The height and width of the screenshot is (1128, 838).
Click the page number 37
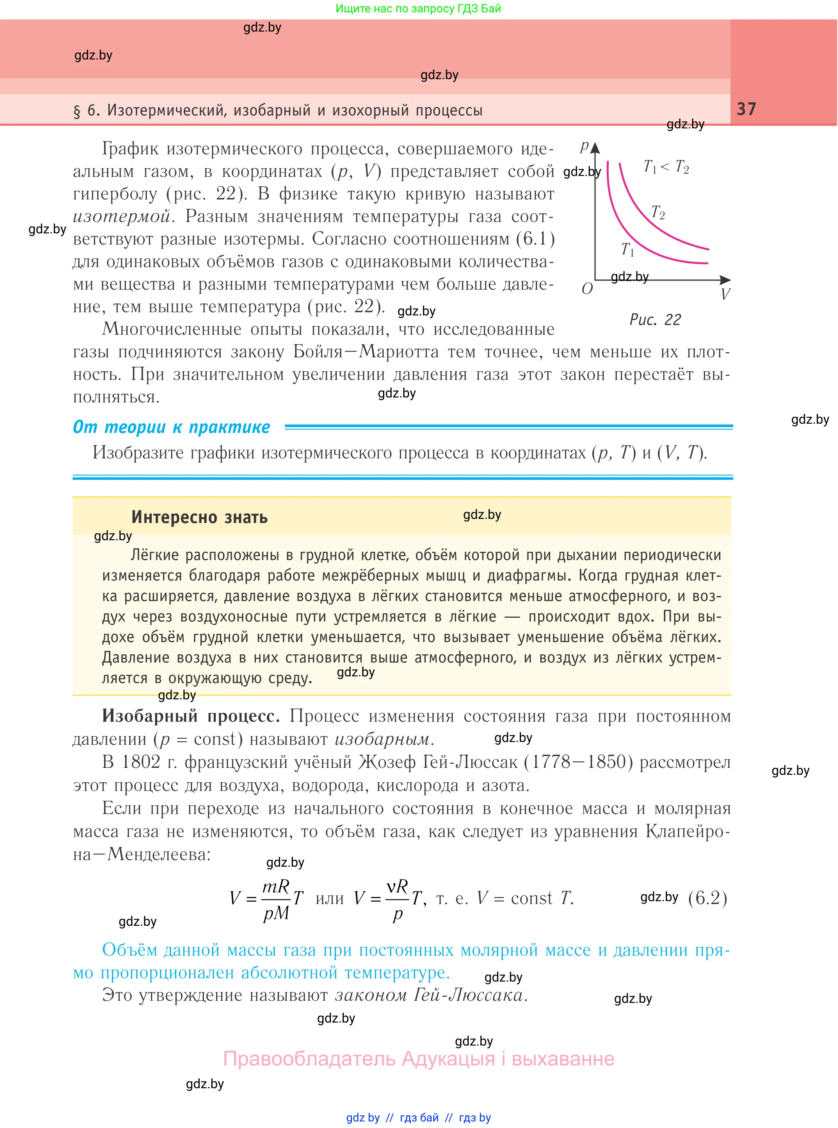[x=746, y=109]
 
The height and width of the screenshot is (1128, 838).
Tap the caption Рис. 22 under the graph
[x=655, y=320]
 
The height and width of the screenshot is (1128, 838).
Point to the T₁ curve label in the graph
[x=628, y=249]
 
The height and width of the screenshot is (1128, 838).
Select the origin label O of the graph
[x=587, y=289]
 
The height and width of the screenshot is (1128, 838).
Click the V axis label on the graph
[x=725, y=294]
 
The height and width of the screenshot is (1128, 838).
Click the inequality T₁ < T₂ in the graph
[x=666, y=167]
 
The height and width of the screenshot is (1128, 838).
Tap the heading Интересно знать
[x=199, y=517]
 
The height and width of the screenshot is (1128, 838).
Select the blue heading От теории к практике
[x=171, y=427]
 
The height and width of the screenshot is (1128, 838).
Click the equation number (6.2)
[x=708, y=898]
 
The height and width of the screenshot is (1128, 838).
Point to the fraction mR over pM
[x=276, y=899]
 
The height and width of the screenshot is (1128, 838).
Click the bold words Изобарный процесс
[x=191, y=716]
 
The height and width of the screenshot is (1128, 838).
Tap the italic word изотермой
[x=122, y=217]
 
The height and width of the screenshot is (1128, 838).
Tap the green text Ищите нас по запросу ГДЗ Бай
[x=418, y=9]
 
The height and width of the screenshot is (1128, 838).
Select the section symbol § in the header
[x=77, y=111]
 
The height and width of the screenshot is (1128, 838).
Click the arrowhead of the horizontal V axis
[x=726, y=279]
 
